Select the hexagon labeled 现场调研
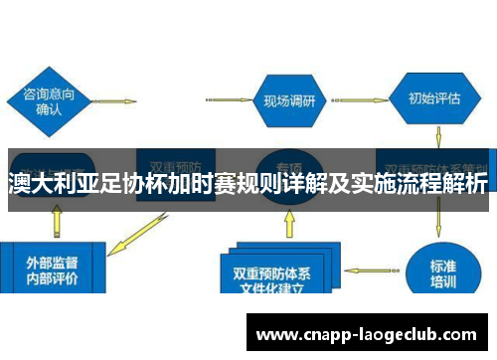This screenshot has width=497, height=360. click(x=288, y=99)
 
